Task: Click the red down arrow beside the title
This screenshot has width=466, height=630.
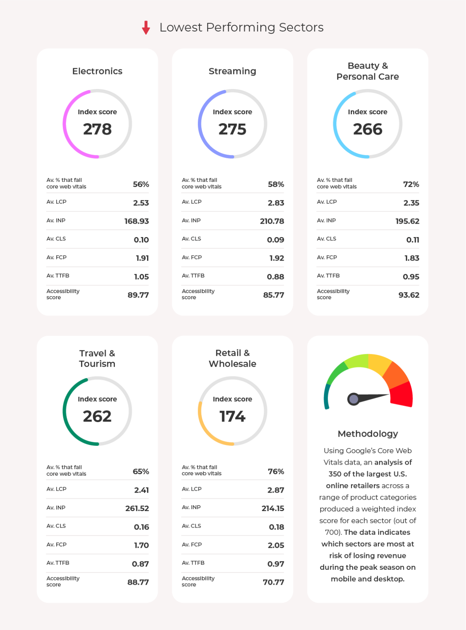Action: pyautogui.click(x=146, y=28)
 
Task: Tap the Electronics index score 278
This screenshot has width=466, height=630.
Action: pyautogui.click(x=97, y=129)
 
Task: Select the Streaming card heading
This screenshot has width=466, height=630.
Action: pyautogui.click(x=232, y=71)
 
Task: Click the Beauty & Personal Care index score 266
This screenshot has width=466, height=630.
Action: pyautogui.click(x=367, y=129)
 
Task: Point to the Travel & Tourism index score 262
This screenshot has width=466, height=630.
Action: pyautogui.click(x=97, y=417)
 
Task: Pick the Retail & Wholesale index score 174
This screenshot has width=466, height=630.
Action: pyautogui.click(x=232, y=417)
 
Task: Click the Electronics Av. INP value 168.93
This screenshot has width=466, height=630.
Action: pyautogui.click(x=136, y=221)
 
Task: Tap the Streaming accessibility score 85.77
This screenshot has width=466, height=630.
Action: pyautogui.click(x=273, y=295)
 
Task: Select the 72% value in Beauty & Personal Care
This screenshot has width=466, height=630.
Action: pyautogui.click(x=411, y=184)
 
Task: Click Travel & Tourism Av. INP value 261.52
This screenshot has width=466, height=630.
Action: pyautogui.click(x=137, y=508)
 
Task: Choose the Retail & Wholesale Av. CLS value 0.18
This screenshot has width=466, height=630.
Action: pyautogui.click(x=276, y=527)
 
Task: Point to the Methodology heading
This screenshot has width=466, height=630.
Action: pyautogui.click(x=368, y=434)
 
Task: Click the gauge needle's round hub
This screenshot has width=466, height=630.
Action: pyautogui.click(x=354, y=399)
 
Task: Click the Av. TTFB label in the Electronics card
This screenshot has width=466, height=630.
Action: pyautogui.click(x=58, y=276)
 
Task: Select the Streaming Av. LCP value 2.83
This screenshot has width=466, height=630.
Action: pyautogui.click(x=276, y=203)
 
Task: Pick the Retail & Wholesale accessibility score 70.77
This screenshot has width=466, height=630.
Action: pyautogui.click(x=273, y=582)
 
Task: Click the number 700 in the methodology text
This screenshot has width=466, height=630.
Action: pyautogui.click(x=332, y=532)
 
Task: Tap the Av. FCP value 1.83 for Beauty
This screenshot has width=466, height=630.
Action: pyautogui.click(x=412, y=258)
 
